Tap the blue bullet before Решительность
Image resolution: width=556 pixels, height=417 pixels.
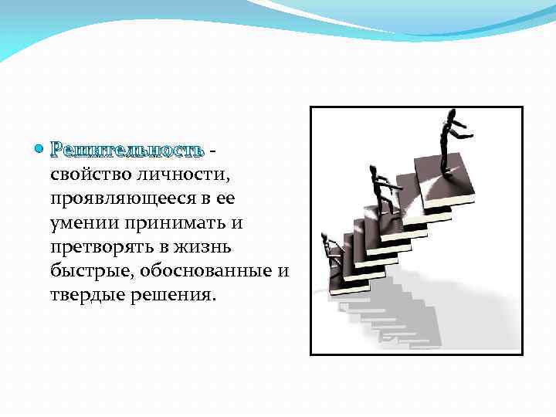(40, 147)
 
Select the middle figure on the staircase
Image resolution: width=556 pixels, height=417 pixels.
(380, 189)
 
